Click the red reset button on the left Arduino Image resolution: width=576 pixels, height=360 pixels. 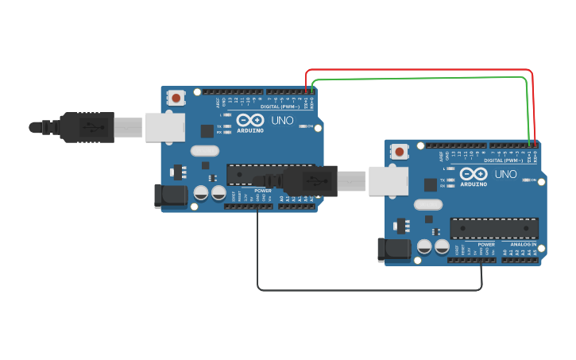176,98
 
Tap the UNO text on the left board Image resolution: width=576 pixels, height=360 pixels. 281,121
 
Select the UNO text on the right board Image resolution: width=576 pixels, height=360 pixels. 505,174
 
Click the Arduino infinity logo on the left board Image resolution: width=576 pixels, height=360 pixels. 249,120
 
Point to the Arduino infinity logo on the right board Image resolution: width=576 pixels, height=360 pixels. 473,173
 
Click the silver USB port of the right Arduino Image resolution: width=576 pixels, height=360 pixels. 389,181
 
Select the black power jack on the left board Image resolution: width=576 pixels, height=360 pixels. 169,195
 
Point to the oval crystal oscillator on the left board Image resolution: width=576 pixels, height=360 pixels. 204,150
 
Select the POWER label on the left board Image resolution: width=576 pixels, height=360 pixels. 263,191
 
